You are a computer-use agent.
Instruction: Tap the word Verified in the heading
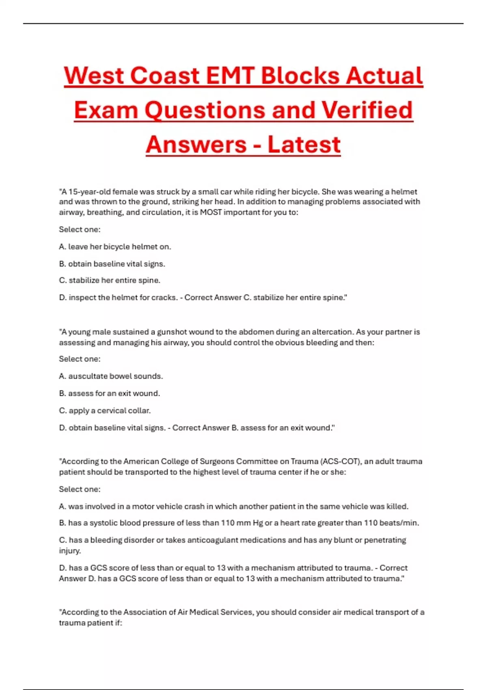pyautogui.click(x=367, y=110)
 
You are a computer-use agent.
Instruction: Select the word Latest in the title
pyautogui.click(x=304, y=144)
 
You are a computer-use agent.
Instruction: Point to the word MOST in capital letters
pyautogui.click(x=211, y=212)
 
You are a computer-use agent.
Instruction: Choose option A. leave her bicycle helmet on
pyautogui.click(x=115, y=247)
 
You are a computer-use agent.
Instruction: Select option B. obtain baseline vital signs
pyautogui.click(x=112, y=264)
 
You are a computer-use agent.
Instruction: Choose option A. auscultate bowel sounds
pyautogui.click(x=111, y=376)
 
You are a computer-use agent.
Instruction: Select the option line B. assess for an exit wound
pyautogui.click(x=110, y=393)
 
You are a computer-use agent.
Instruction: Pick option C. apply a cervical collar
pyautogui.click(x=105, y=411)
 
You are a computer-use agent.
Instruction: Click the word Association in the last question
pyautogui.click(x=149, y=612)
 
